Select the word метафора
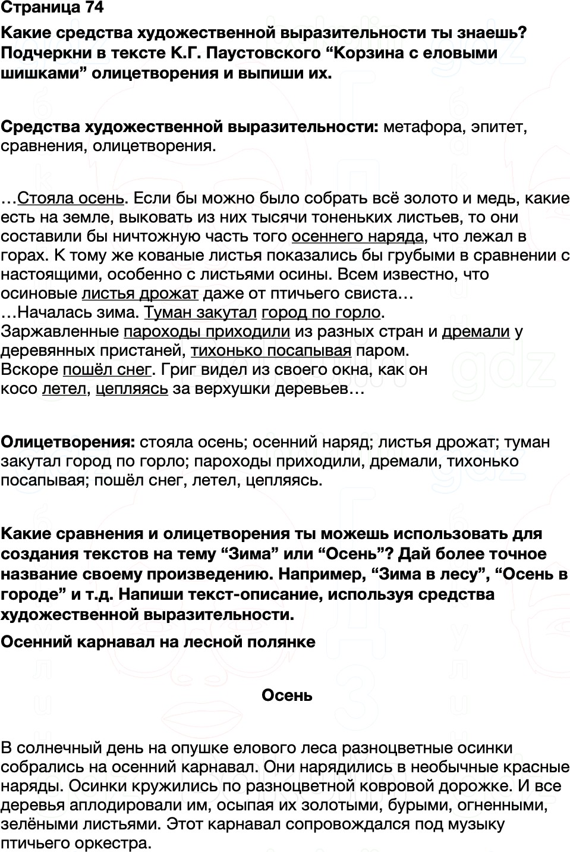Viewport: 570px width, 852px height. pyautogui.click(x=424, y=127)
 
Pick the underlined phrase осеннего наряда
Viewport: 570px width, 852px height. pyautogui.click(x=357, y=236)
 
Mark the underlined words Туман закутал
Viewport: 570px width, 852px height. pyautogui.click(x=200, y=312)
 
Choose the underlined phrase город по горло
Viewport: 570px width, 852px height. pyautogui.click(x=321, y=312)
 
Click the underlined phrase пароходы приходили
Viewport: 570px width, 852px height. pyautogui.click(x=207, y=331)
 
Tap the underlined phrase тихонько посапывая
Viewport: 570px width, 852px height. pyautogui.click(x=271, y=350)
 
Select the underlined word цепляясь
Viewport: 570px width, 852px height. pyautogui.click(x=132, y=389)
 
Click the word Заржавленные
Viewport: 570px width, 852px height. pyautogui.click(x=60, y=331)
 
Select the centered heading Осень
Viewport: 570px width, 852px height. pyautogui.click(x=286, y=696)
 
